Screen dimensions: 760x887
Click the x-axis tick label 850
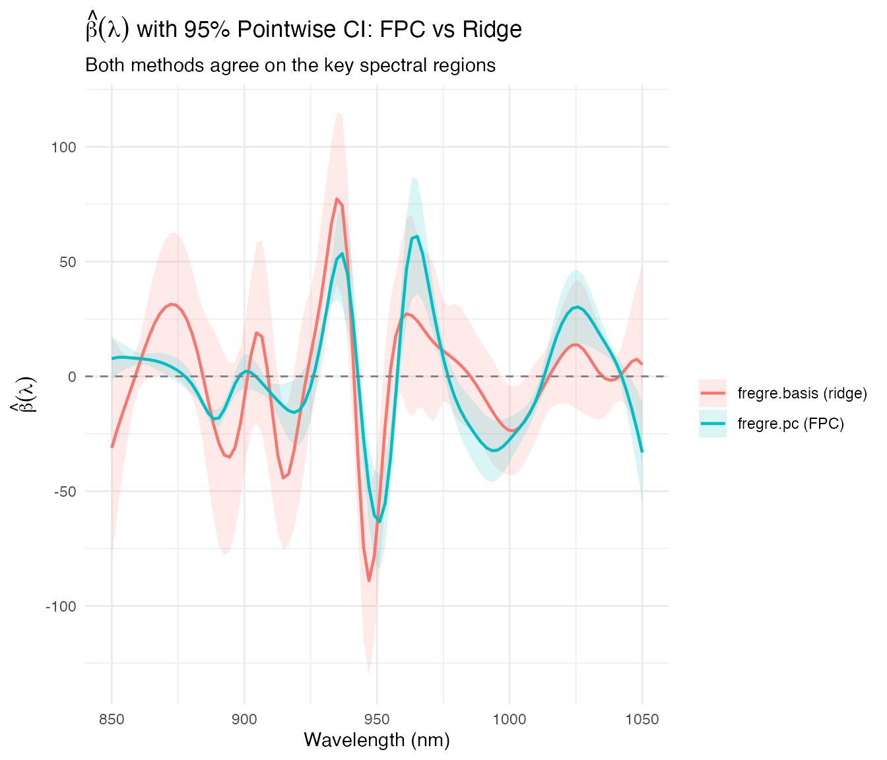[x=112, y=719]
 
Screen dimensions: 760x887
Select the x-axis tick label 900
[x=244, y=719]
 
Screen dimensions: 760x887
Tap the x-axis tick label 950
[x=377, y=719]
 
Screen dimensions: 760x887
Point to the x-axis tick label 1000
[x=509, y=719]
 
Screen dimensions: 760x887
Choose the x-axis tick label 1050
[x=642, y=719]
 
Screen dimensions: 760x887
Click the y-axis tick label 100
[x=64, y=147]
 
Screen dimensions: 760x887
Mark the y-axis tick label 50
[x=67, y=262]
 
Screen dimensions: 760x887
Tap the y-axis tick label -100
[x=61, y=606]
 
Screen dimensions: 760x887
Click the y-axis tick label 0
[x=71, y=377]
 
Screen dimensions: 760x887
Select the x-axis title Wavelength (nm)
[x=377, y=740]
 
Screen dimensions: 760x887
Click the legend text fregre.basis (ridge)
[x=802, y=394]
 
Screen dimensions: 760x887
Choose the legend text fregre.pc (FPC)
[x=791, y=424]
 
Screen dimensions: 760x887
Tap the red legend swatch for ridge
[x=713, y=394]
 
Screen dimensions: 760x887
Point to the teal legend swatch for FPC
[x=713, y=424]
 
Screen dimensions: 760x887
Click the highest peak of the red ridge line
[x=337, y=199]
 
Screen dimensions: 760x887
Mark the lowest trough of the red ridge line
[x=369, y=581]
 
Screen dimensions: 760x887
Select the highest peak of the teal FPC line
[x=417, y=236]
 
